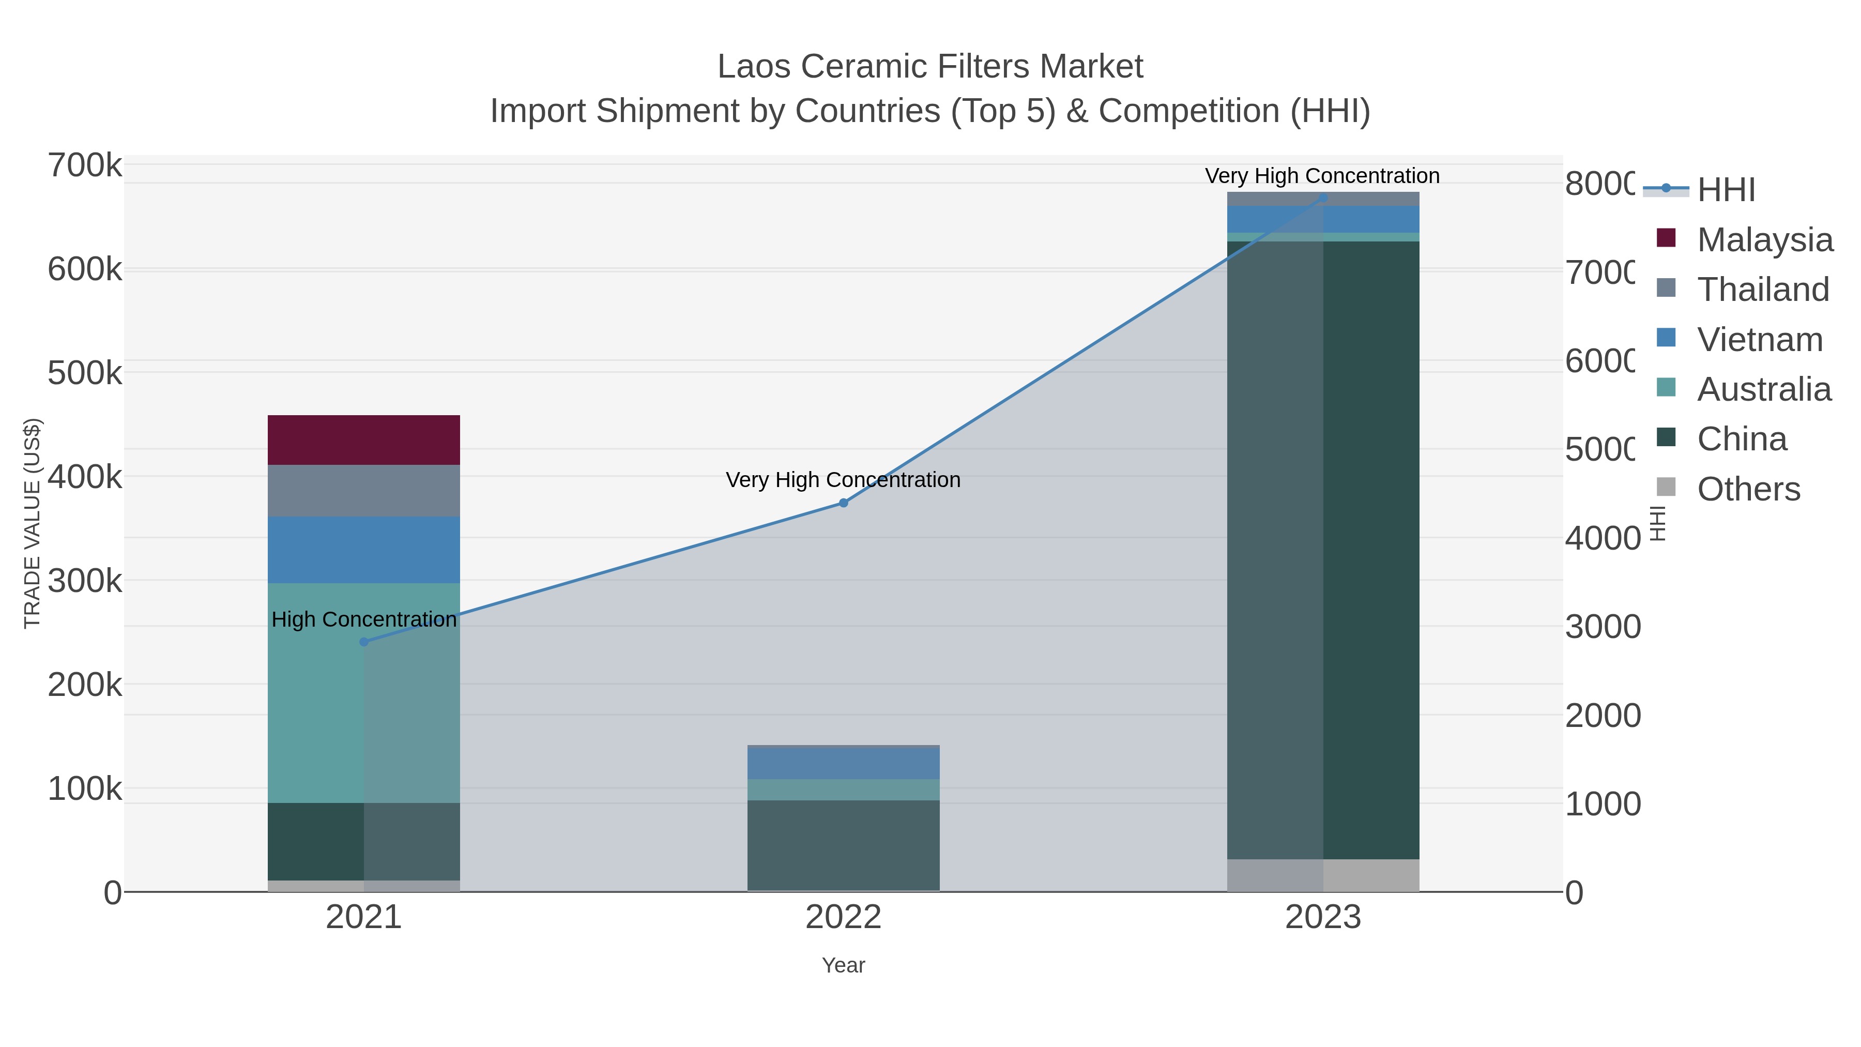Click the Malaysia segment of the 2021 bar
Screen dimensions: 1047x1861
363,439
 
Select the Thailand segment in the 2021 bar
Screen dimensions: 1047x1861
363,490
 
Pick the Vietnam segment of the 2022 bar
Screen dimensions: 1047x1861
843,763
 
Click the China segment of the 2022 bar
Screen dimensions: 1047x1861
843,845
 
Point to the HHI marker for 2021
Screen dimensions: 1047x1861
363,642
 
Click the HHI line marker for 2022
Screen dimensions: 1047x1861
843,503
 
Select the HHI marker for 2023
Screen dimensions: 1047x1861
1323,198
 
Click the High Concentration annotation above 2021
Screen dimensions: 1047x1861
363,619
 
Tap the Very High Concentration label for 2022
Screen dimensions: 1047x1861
843,480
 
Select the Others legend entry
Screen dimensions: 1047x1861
1748,489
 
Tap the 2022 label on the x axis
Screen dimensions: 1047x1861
843,917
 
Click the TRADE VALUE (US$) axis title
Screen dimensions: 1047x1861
33,523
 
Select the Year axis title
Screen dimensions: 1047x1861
843,965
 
